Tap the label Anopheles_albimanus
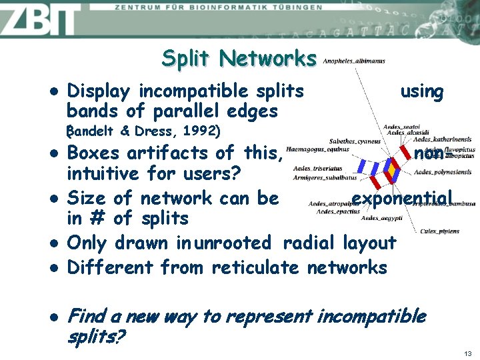coord(353,61)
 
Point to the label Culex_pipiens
coord(439,231)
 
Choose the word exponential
coord(401,198)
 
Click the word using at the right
coord(421,91)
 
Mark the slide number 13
coord(467,353)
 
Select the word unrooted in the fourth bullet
coord(232,243)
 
